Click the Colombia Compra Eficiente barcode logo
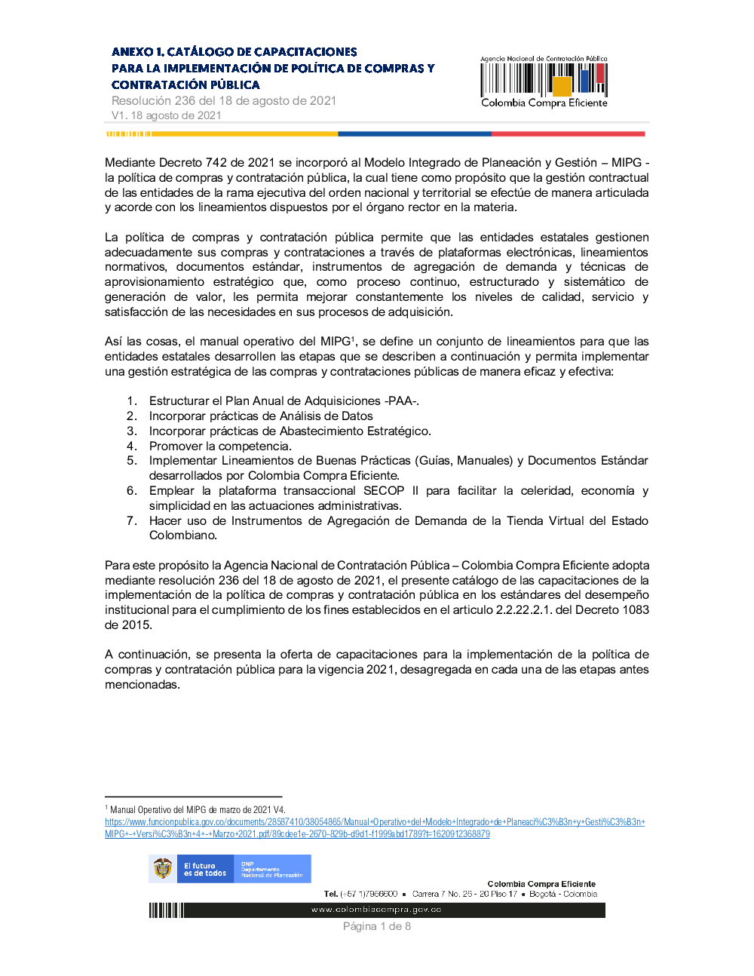tap(544, 81)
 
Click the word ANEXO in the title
tap(133, 52)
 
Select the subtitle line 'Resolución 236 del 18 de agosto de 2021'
tap(223, 100)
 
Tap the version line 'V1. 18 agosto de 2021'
tap(166, 115)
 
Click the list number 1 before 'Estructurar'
tap(131, 401)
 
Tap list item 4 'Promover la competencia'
tap(219, 447)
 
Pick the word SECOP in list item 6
tap(383, 491)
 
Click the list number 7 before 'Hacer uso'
tap(131, 521)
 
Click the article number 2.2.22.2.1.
tap(523, 610)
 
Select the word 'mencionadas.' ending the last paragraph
tap(143, 685)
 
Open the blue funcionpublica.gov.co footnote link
tap(374, 822)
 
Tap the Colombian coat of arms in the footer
tap(163, 869)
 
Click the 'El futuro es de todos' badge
tap(204, 869)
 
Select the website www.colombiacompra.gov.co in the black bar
tap(376, 910)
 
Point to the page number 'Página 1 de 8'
tap(376, 926)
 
